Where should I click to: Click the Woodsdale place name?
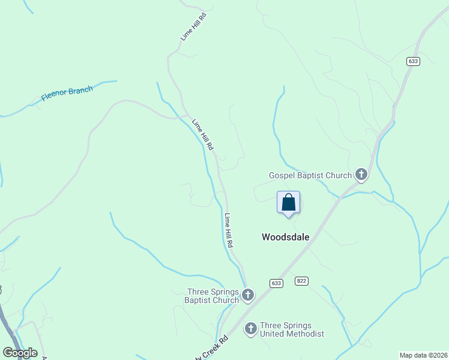coord(286,237)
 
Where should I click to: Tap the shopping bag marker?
coord(288,202)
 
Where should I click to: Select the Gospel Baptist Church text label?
coord(310,175)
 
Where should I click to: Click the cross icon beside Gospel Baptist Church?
coord(361,175)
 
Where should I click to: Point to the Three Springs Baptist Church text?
coord(211,296)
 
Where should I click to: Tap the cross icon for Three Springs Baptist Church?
coord(248,295)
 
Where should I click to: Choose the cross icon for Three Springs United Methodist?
coord(250,329)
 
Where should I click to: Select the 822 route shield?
coord(301,281)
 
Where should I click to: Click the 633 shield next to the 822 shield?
coord(276,283)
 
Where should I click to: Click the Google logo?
coord(20,353)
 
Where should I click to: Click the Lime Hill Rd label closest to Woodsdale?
coord(229,231)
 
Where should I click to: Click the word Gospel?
coord(282,175)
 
